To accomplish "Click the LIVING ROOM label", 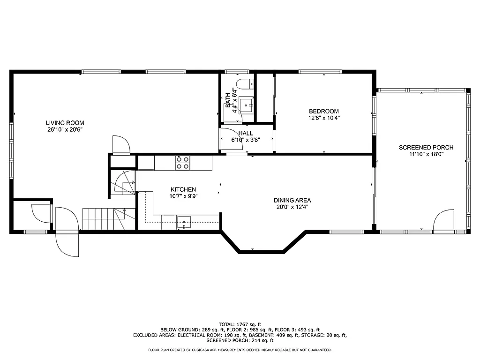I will (x=65, y=123).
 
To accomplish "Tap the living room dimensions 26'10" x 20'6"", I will (x=65, y=129).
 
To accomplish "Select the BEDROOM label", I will (x=323, y=111).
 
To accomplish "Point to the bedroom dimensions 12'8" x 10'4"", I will (x=323, y=118).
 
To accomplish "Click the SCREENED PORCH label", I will (x=426, y=148).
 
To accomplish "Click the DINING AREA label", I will (x=292, y=200).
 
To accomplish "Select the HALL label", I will (x=245, y=133).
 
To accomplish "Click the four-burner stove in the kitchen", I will (x=183, y=163).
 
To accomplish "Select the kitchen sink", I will (x=185, y=222).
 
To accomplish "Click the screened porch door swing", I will (x=443, y=220).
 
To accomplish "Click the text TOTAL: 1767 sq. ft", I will (x=240, y=324).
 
